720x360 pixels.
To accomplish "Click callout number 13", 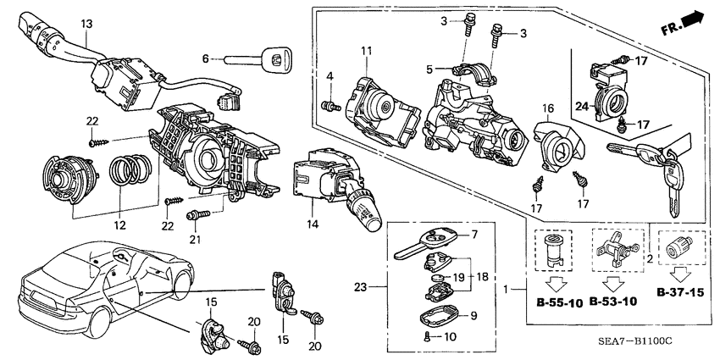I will coord(85,25).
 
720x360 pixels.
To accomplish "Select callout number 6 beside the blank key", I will coord(204,58).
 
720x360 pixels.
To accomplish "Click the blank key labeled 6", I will coord(254,59).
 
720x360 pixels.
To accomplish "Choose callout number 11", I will coord(365,53).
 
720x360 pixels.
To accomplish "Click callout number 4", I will coord(328,79).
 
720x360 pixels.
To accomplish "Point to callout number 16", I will coord(548,108).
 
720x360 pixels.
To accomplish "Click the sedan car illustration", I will coord(93,280).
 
